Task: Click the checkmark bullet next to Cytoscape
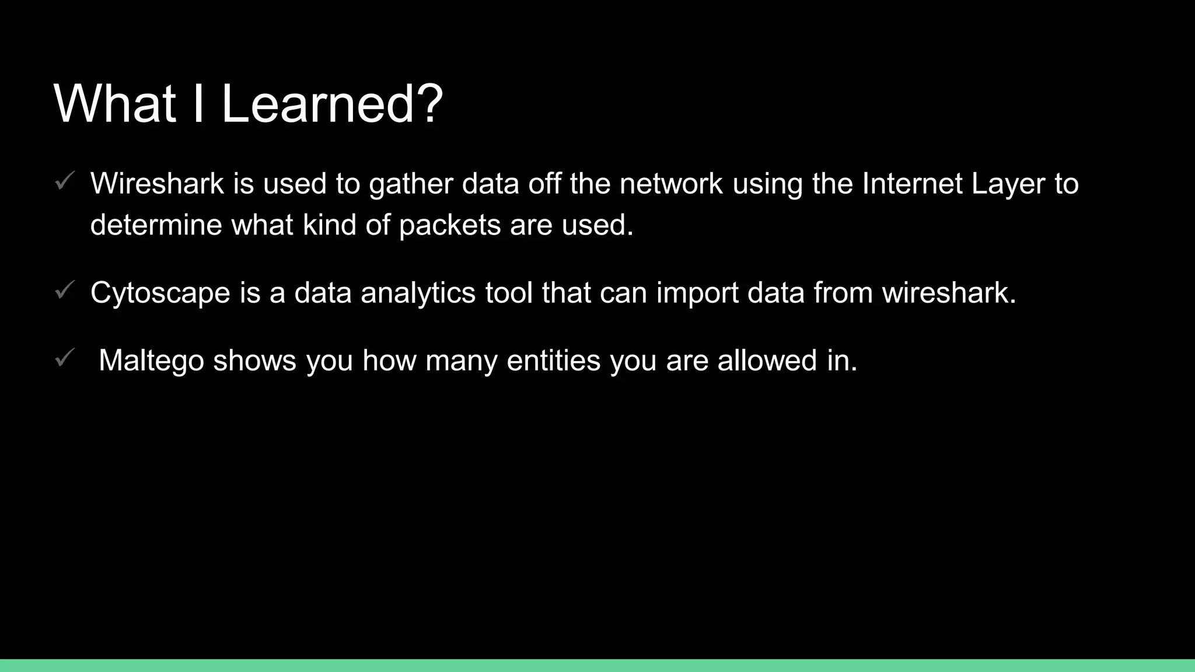coord(64,290)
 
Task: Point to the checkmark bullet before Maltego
coord(64,358)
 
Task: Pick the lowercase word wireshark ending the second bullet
coord(949,293)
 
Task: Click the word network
coord(671,184)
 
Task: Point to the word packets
coord(450,226)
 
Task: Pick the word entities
coord(554,360)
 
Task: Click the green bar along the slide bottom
coord(597,666)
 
